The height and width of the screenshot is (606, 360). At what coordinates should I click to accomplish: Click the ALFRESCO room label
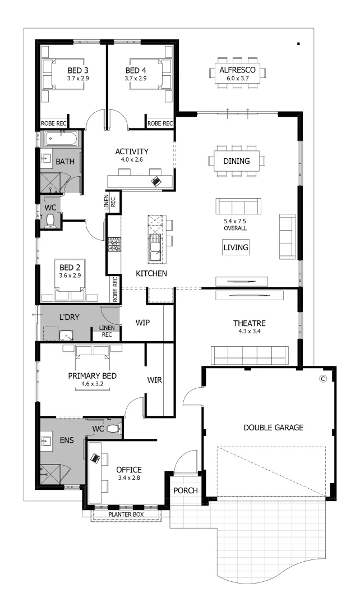[x=238, y=70]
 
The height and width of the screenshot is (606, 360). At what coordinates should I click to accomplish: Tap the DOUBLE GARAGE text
[x=273, y=428]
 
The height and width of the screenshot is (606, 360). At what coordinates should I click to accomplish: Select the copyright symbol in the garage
[x=322, y=379]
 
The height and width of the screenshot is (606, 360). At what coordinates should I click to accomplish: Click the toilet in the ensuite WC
[x=114, y=429]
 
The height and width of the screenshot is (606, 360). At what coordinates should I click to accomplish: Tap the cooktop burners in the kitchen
[x=114, y=245]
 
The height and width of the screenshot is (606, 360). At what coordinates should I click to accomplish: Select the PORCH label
[x=186, y=490]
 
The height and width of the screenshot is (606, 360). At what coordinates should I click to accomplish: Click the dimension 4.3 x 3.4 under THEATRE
[x=250, y=332]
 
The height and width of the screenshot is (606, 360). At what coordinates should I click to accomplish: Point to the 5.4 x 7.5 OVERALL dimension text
[x=236, y=224]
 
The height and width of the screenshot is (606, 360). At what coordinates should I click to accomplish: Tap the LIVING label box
[x=236, y=247]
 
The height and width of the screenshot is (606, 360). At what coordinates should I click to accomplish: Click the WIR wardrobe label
[x=154, y=380]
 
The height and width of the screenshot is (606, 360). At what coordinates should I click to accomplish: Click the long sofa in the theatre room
[x=250, y=355]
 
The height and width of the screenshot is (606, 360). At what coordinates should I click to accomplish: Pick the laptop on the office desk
[x=96, y=458]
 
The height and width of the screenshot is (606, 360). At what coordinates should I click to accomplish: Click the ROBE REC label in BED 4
[x=159, y=123]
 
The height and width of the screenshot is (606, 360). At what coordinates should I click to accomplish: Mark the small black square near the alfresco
[x=299, y=43]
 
